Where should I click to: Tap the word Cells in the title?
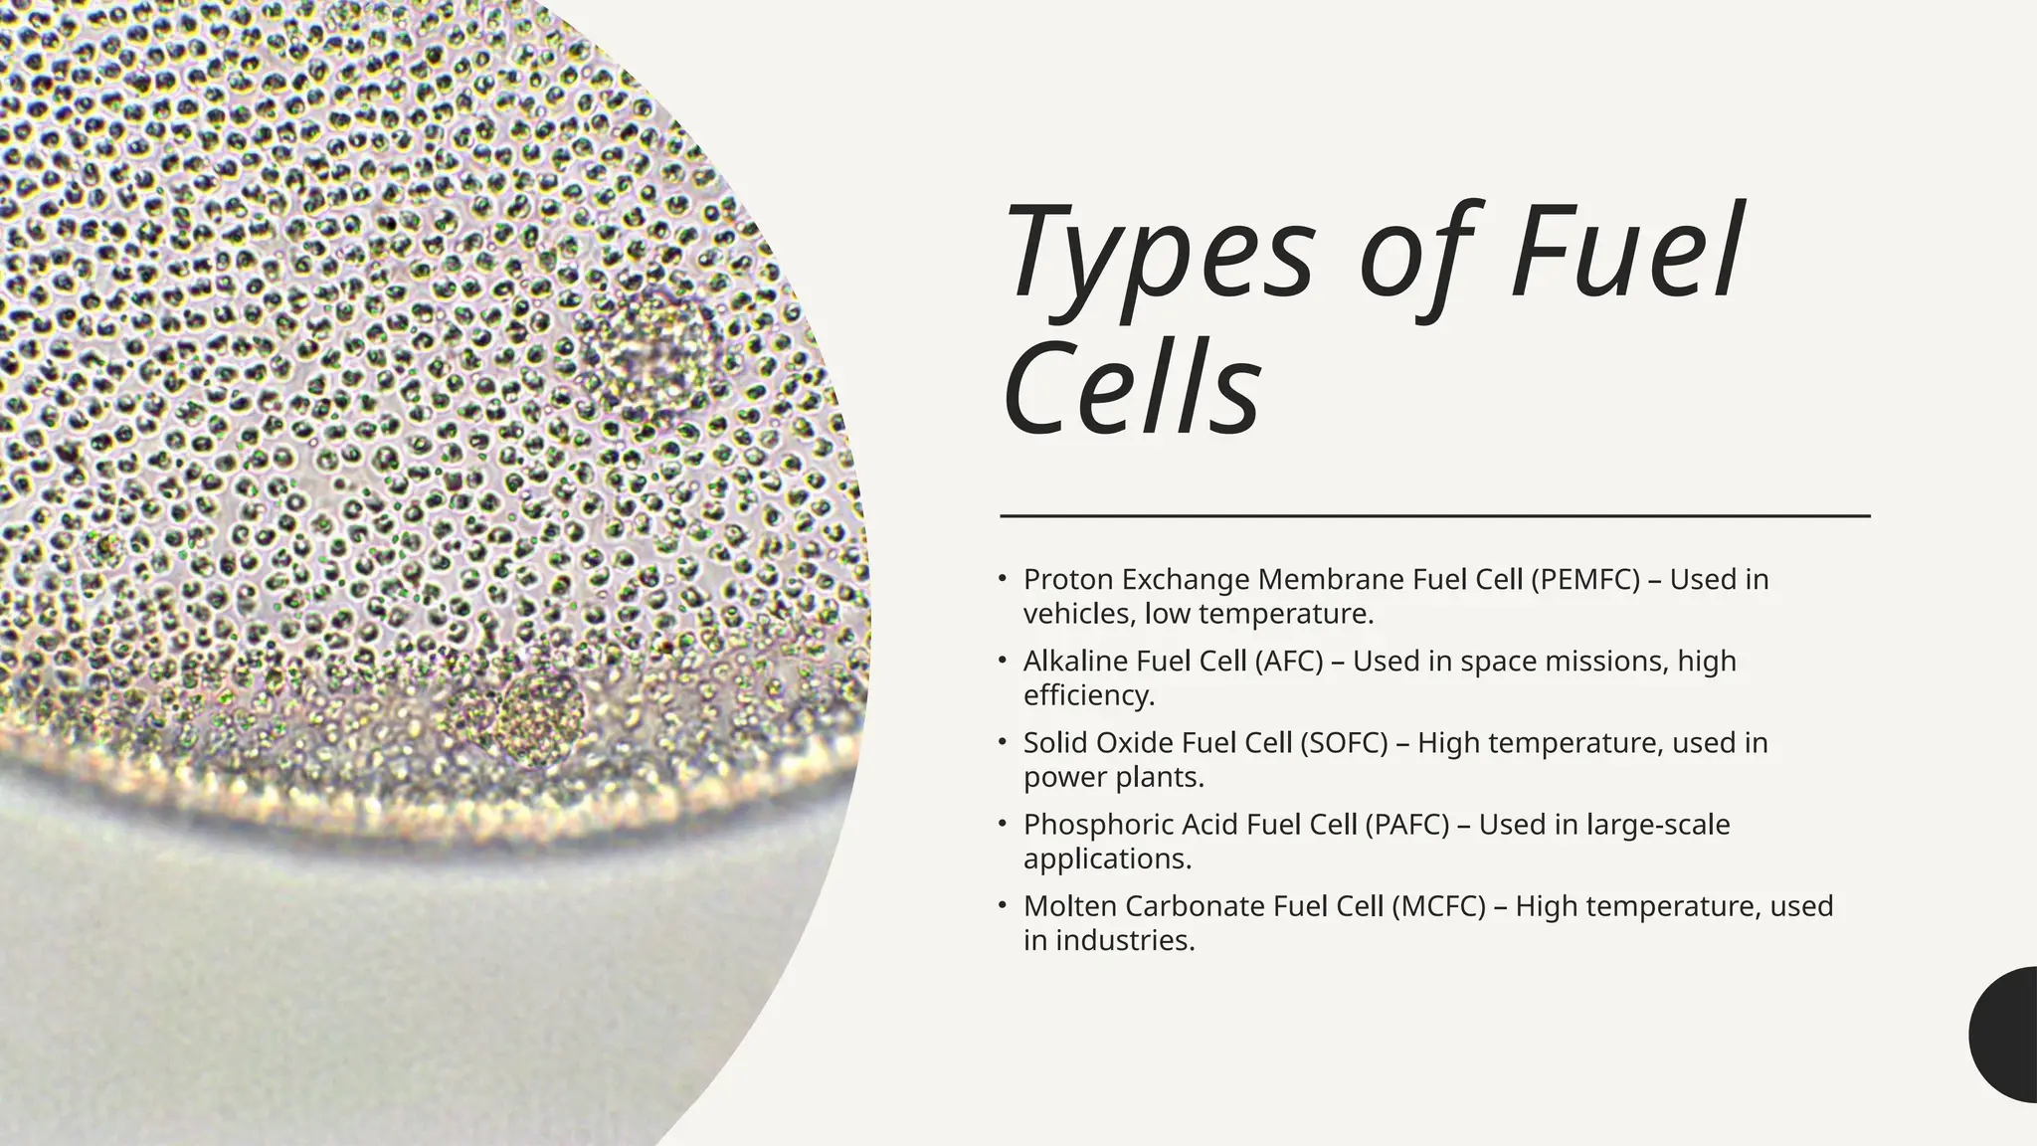pyautogui.click(x=1132, y=390)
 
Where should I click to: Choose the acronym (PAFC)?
pyautogui.click(x=1406, y=824)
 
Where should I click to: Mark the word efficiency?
pyautogui.click(x=1088, y=695)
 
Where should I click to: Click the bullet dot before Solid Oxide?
pyautogui.click(x=1004, y=742)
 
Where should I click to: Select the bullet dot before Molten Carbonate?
pyautogui.click(x=1004, y=906)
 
